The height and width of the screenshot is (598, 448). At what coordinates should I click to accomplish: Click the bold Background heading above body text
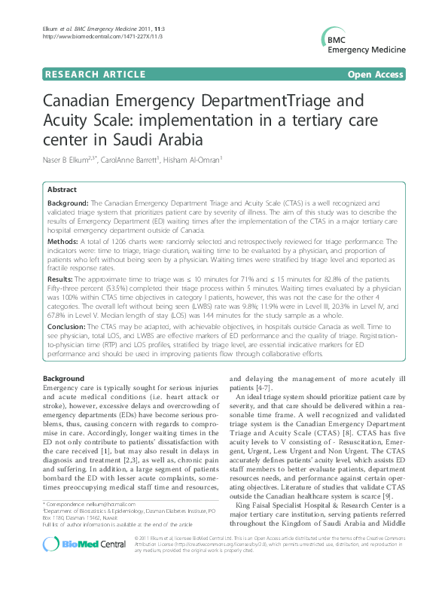tap(64, 377)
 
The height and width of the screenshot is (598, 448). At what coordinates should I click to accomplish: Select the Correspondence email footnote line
tap(90, 523)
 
